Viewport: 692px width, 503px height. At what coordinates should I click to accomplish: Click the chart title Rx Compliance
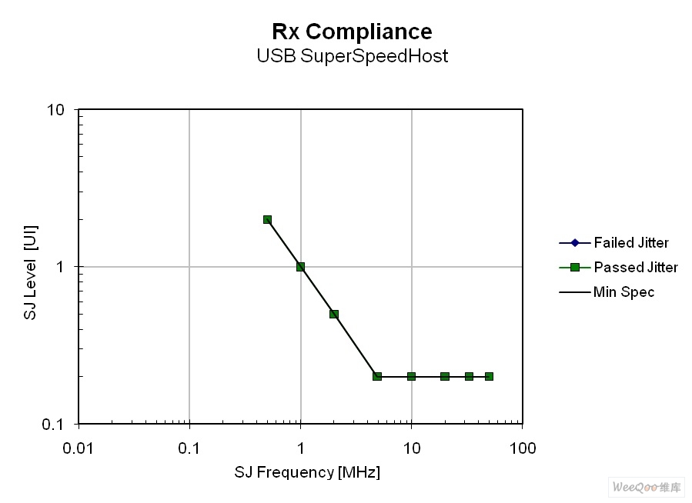point(352,32)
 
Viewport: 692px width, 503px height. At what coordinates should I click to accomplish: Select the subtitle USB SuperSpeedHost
point(352,56)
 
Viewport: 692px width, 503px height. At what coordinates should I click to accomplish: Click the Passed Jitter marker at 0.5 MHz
point(267,219)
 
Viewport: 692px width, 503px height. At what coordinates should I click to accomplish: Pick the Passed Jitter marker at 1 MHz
point(300,267)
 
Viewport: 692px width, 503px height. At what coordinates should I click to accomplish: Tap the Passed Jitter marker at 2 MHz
point(334,314)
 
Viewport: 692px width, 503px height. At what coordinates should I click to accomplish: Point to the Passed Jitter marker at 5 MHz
point(377,376)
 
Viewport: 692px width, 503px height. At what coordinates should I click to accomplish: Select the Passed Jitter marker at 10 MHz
point(411,376)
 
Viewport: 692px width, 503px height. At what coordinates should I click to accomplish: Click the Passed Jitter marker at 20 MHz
point(445,376)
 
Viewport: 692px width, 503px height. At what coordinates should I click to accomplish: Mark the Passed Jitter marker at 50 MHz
point(489,376)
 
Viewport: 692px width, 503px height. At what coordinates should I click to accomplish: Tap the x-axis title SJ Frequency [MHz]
point(307,472)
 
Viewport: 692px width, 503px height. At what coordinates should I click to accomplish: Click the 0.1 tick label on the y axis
point(52,424)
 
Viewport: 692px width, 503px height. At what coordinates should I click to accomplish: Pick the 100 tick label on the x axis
point(523,448)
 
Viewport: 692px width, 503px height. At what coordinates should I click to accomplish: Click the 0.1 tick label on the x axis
point(189,448)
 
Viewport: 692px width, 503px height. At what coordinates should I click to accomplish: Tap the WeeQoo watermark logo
point(647,487)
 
